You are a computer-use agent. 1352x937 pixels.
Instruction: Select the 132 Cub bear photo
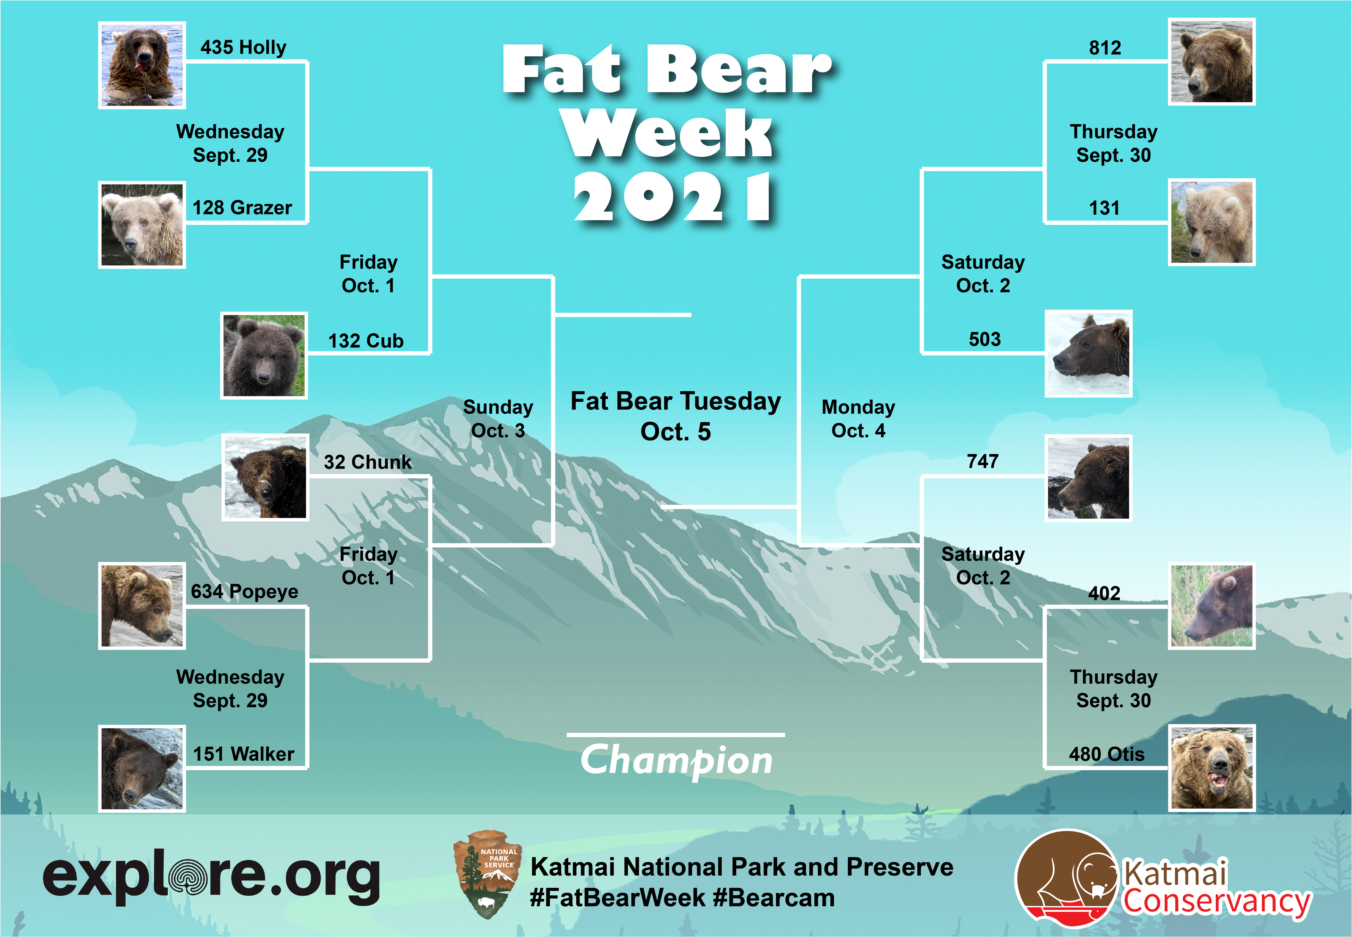264,356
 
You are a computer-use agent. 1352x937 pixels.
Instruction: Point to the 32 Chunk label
367,462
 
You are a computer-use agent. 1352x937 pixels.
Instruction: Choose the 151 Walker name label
244,754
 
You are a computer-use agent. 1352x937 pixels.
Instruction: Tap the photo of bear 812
1212,62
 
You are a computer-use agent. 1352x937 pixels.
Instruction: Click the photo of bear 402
1212,606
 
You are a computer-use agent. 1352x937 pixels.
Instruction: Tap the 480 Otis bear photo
1212,768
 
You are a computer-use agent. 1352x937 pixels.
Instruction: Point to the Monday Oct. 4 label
858,419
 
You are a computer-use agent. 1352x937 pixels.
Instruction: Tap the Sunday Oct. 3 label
498,419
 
